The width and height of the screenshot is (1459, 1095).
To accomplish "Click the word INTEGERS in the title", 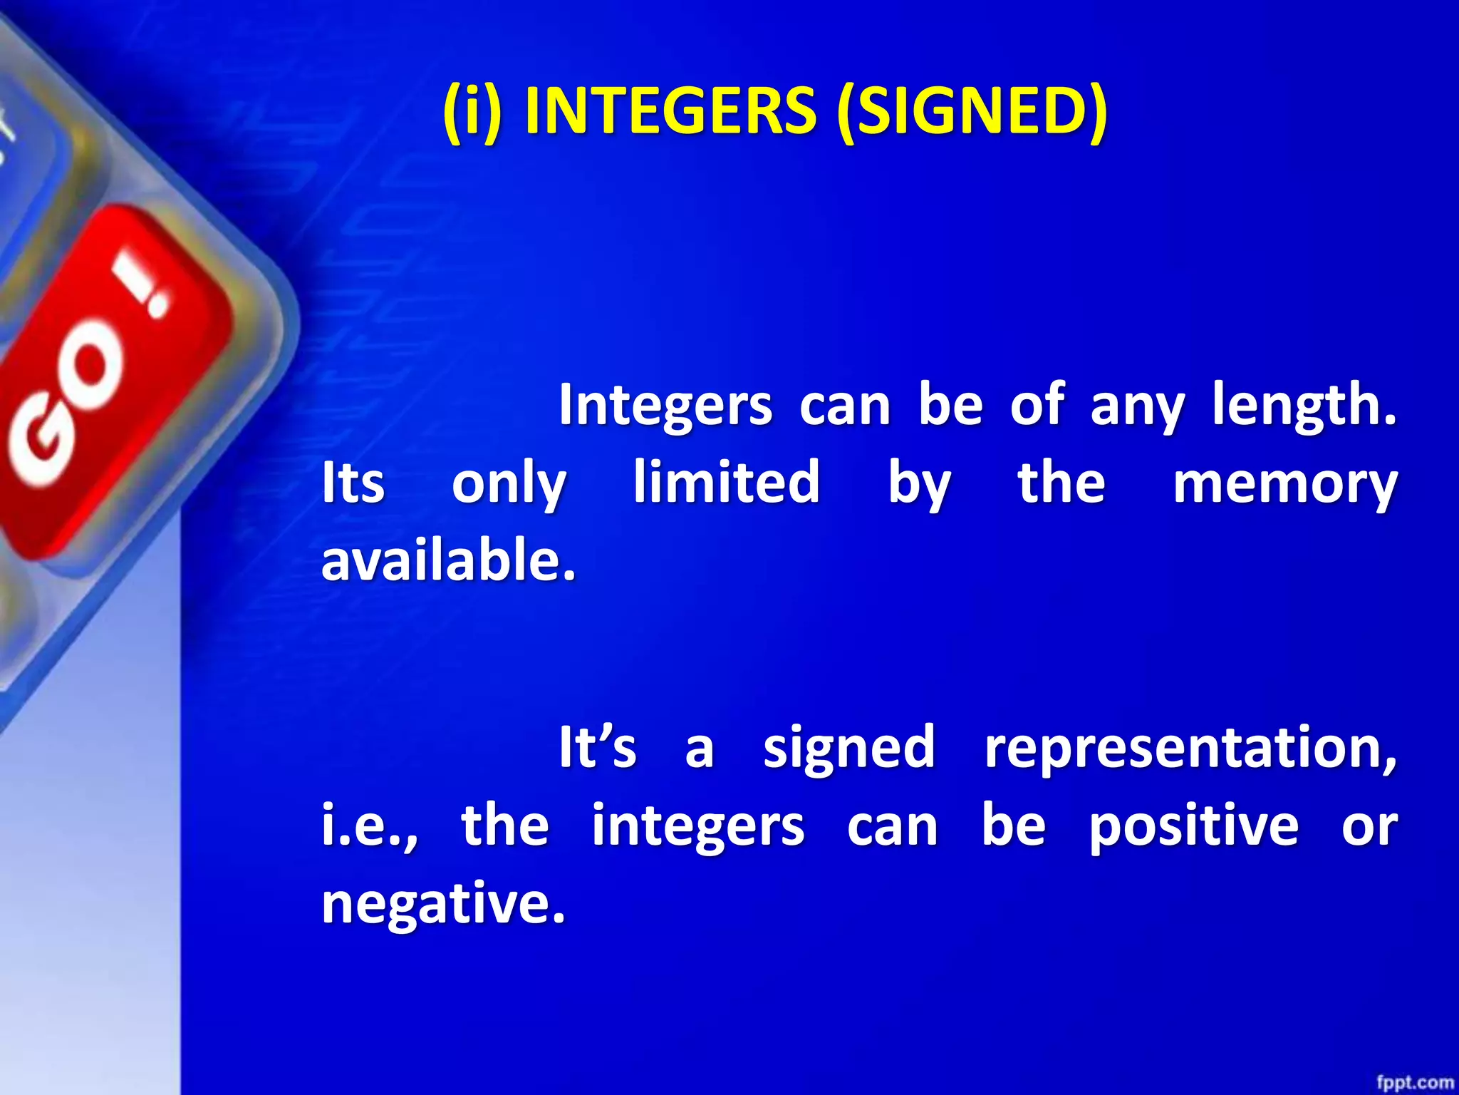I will [670, 111].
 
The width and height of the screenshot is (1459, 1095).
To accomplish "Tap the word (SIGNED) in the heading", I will [972, 111].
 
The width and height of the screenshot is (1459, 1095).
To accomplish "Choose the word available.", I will [448, 560].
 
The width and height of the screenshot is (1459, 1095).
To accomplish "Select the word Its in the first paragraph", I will [353, 483].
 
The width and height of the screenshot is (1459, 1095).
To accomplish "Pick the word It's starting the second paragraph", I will [597, 747].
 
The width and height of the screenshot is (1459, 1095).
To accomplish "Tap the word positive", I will [1193, 827].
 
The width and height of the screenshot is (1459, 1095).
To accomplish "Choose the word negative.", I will [443, 904].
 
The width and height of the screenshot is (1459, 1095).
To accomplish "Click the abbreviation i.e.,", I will [370, 827].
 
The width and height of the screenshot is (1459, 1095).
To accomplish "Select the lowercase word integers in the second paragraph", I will [698, 827].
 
